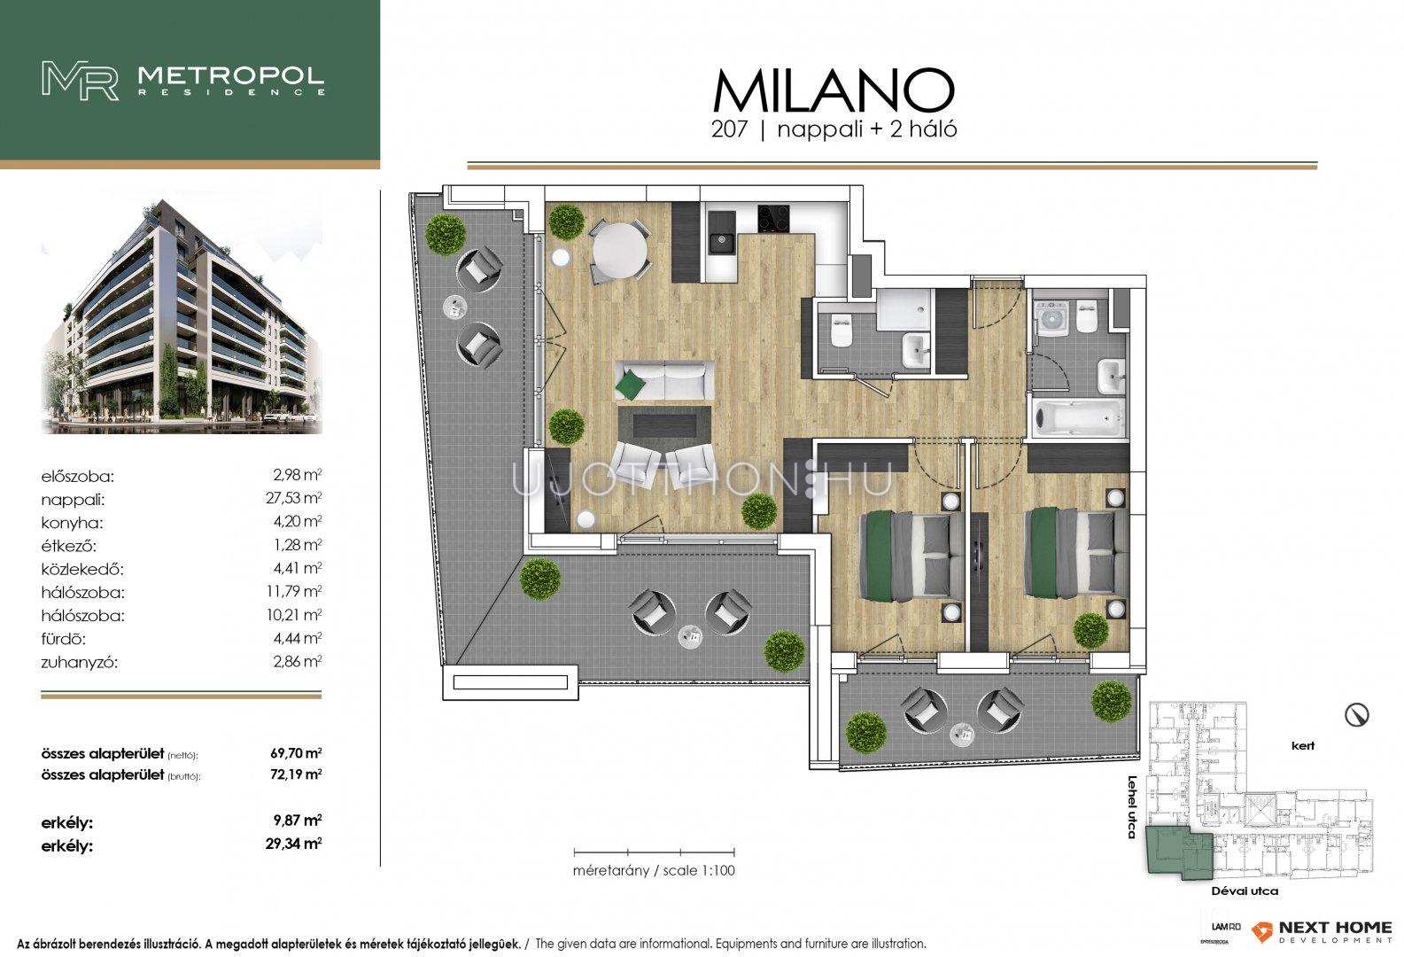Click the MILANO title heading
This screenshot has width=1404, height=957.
click(833, 91)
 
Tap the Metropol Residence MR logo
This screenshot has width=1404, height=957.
click(80, 81)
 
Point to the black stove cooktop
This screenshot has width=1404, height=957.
click(773, 219)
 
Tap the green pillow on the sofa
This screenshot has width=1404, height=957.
click(630, 385)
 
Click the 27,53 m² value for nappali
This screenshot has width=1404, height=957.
click(293, 499)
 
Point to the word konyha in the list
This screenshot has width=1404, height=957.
click(72, 523)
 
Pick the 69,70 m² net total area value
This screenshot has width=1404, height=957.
click(296, 752)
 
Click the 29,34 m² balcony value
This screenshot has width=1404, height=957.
click(293, 844)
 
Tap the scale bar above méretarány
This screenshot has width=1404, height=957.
click(655, 852)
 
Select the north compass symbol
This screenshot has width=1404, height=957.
click(1356, 715)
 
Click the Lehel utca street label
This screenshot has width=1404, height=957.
click(1131, 807)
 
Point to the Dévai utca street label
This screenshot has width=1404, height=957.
click(1245, 891)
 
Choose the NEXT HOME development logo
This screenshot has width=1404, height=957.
click(1322, 931)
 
